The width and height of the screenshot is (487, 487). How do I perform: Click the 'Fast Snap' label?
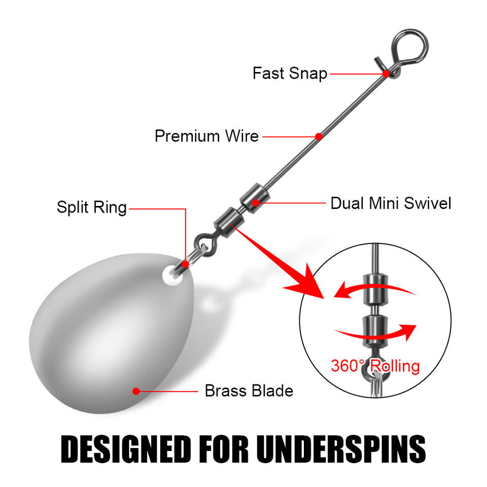pos(290,73)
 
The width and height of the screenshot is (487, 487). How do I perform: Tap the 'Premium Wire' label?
pos(206,136)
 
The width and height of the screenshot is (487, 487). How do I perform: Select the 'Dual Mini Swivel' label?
pos(391,203)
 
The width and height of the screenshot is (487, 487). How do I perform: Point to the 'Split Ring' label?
pos(92,207)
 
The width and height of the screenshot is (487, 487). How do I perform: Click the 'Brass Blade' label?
pos(249,391)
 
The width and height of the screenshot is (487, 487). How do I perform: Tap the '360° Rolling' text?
pos(375,366)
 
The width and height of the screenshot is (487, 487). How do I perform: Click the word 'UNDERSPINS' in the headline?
pos(341,449)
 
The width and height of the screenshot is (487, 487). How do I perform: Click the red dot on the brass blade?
pos(136,391)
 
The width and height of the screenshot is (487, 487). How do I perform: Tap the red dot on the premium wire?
pos(319,136)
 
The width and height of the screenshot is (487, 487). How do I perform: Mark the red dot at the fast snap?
pos(386,74)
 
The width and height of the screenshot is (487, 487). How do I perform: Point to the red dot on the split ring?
pos(185,264)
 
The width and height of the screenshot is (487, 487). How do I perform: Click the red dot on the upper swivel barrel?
pos(255,203)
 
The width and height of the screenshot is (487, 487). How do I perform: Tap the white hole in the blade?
pos(172,275)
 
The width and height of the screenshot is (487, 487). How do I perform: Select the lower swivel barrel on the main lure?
pos(229,222)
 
